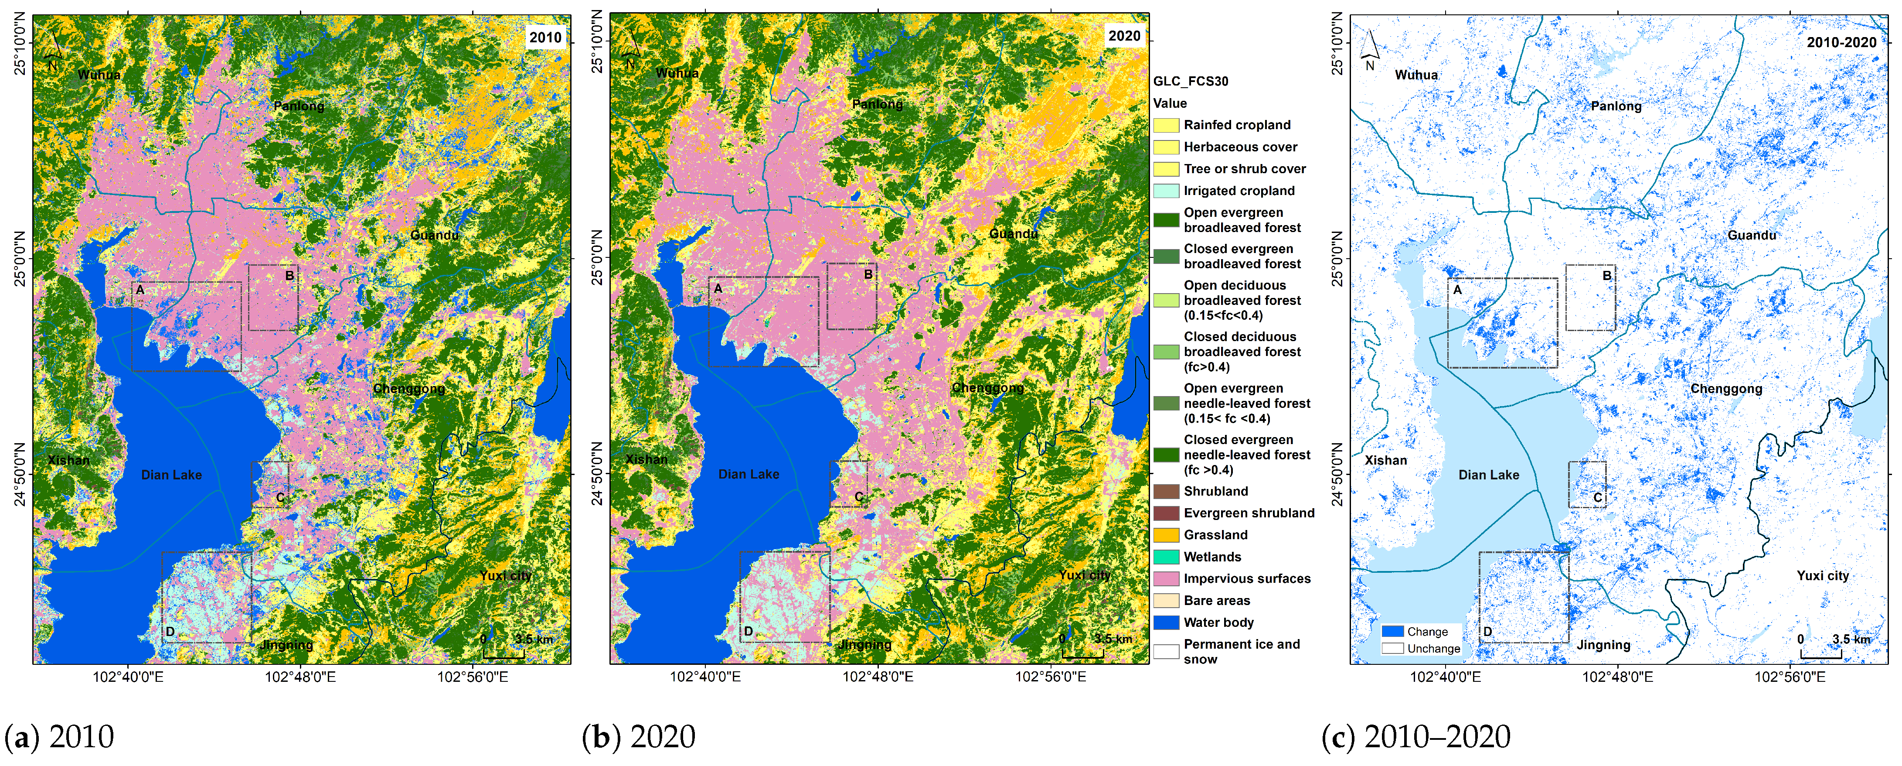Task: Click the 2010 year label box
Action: click(545, 37)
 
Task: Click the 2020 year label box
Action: click(1124, 35)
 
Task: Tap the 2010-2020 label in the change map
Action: click(1841, 42)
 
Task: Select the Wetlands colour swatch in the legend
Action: click(1166, 557)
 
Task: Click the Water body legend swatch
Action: click(1166, 622)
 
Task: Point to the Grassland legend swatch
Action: click(1166, 535)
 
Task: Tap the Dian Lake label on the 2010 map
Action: click(171, 475)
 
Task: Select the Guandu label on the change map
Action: click(1751, 235)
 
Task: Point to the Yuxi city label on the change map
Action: click(1822, 575)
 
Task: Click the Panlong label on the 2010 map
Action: click(298, 106)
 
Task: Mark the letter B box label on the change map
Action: click(1607, 276)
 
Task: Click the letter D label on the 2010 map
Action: click(170, 632)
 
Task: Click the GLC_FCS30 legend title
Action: click(1191, 81)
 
